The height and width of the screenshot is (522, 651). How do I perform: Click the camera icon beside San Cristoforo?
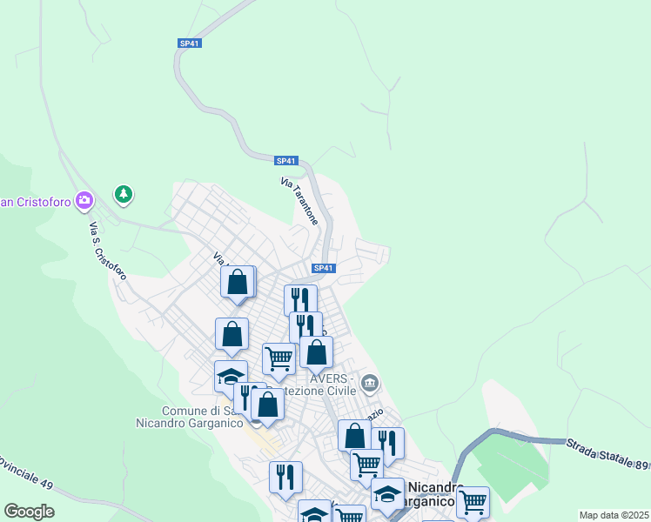click(x=84, y=201)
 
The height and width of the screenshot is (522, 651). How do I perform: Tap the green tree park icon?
click(x=124, y=193)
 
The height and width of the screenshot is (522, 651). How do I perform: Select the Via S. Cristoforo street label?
click(x=108, y=250)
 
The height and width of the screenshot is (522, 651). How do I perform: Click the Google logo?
click(x=29, y=511)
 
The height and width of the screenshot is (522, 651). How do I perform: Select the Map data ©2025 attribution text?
click(x=613, y=515)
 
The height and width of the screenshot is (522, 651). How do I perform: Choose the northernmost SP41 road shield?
click(x=190, y=43)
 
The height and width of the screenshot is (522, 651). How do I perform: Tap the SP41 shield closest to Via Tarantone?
click(x=286, y=161)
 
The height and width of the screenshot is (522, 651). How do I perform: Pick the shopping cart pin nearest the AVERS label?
click(x=279, y=357)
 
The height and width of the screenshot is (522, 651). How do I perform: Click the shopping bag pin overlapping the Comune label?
click(x=267, y=405)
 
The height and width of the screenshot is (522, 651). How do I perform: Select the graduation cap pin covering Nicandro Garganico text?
click(x=387, y=495)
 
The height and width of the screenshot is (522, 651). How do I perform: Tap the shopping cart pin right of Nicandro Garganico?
click(x=473, y=501)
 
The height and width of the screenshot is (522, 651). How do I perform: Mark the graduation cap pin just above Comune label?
click(x=231, y=376)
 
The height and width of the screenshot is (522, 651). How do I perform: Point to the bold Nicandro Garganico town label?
click(x=432, y=494)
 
